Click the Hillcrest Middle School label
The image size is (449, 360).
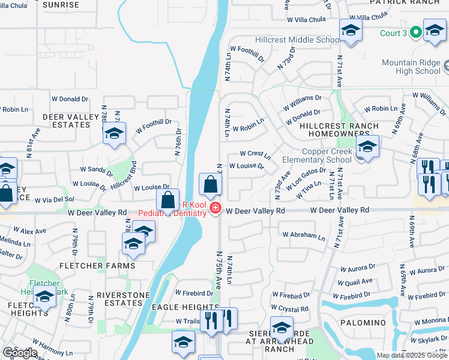point(302,40)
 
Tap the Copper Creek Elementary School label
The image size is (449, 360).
point(327,156)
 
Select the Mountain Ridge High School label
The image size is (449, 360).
point(411,67)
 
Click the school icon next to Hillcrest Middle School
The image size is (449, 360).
point(351,31)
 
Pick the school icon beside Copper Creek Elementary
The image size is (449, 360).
point(367,147)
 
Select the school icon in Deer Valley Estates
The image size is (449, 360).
point(114,134)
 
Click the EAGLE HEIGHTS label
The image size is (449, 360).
point(177,307)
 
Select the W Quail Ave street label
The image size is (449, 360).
point(355,281)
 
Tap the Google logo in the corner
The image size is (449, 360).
point(20,353)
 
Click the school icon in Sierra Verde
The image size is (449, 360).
point(281,329)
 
